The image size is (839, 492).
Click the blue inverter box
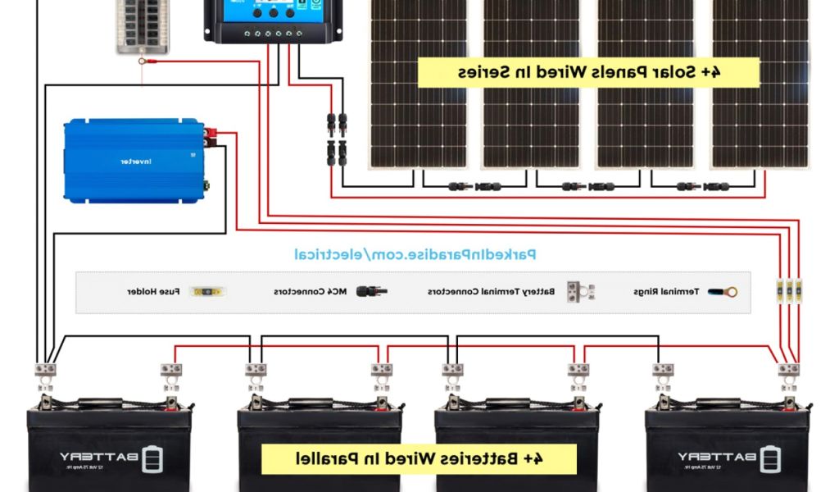(x=134, y=160)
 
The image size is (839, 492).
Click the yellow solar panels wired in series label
(x=587, y=71)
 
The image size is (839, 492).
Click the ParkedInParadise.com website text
(x=415, y=255)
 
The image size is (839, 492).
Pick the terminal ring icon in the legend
(x=722, y=291)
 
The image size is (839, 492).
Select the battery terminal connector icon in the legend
(x=580, y=291)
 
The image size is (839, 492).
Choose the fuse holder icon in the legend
(x=209, y=291)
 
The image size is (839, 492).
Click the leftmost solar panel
(x=419, y=82)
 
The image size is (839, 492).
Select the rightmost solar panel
(x=759, y=82)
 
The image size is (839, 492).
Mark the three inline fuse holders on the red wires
(x=789, y=290)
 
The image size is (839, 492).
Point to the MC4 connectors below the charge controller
(x=337, y=137)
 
